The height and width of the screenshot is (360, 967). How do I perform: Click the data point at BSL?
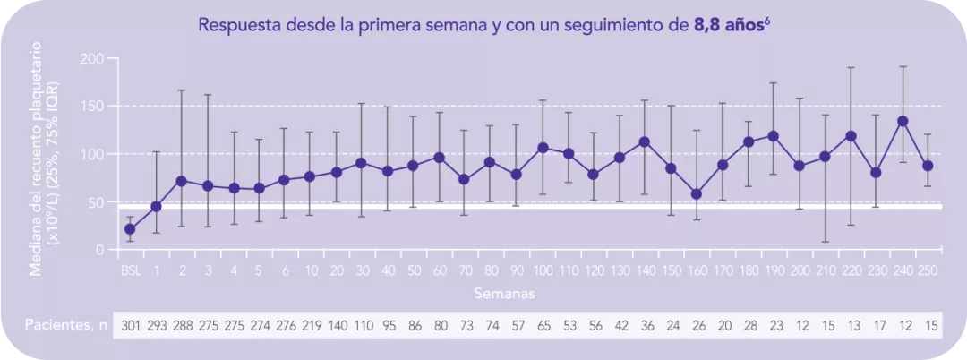point(130,229)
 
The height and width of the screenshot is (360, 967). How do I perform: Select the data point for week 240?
point(903,121)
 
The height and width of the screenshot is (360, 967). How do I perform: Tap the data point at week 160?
point(697,194)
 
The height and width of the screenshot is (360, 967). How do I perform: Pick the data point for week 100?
point(543,147)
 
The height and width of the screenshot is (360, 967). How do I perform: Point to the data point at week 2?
point(181,181)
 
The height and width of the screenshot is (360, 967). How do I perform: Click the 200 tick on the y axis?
point(94,59)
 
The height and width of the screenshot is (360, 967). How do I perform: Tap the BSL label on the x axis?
point(130,269)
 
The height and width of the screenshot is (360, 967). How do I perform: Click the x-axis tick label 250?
point(928,269)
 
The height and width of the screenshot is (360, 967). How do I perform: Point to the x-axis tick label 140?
point(645,269)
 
